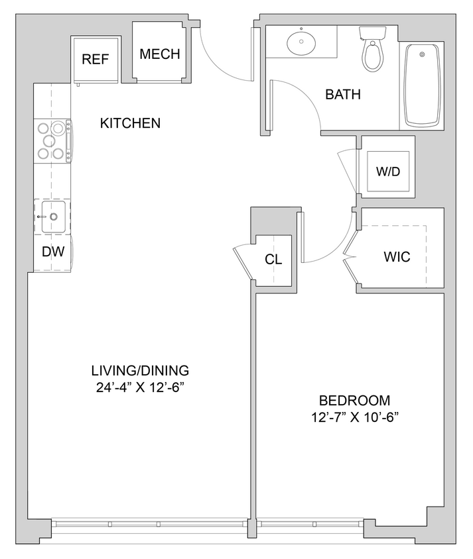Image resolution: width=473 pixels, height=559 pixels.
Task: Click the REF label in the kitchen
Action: coord(95,59)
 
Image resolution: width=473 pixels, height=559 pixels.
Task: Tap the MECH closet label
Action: coord(160,54)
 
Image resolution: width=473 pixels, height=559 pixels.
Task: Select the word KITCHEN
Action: coord(130,123)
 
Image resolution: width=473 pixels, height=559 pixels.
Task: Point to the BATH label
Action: coord(343,95)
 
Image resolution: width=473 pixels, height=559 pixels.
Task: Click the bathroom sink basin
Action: coord(302,44)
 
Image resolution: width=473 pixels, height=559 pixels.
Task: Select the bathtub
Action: coord(422,85)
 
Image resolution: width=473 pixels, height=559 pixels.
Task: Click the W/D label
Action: coord(388,172)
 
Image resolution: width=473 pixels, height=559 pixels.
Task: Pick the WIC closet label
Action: coord(397,257)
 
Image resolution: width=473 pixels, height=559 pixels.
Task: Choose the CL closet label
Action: coord(273,259)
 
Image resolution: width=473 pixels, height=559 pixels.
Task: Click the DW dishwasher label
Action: coord(52,252)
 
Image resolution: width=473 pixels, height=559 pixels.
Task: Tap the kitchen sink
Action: coord(52,217)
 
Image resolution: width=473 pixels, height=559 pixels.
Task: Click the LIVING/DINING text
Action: coord(140,370)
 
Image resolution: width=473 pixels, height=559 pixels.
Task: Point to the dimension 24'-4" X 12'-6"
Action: coord(140,386)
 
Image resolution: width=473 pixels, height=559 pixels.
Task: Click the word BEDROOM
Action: coord(354,401)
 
